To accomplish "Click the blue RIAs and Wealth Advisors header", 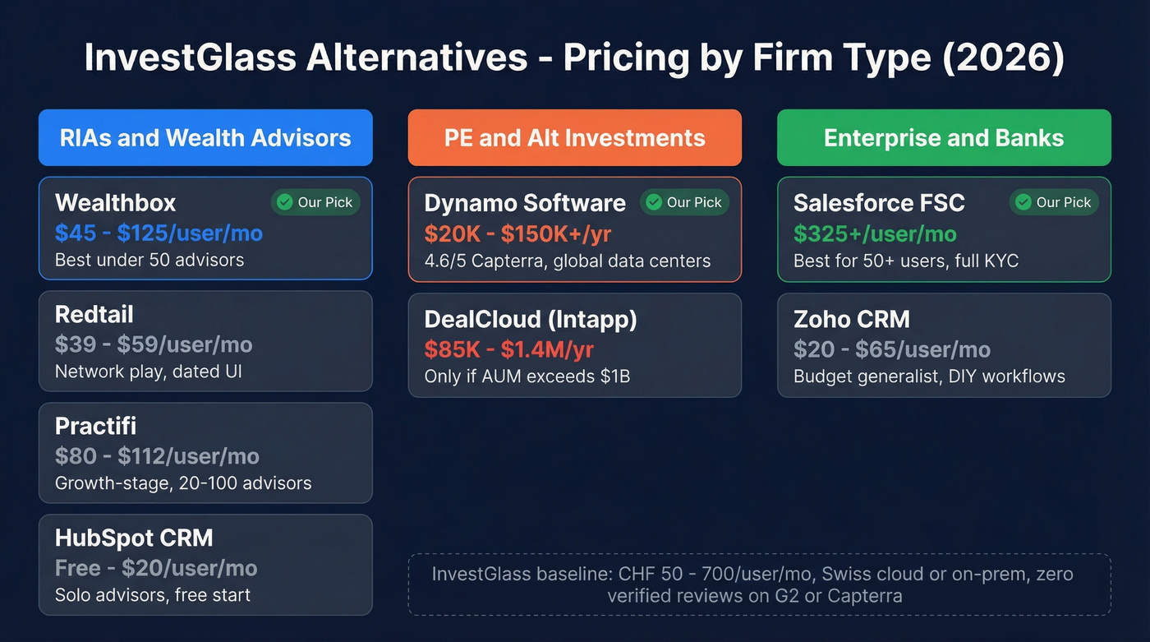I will [x=205, y=138].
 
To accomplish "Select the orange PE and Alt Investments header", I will [x=574, y=138].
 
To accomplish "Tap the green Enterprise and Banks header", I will [x=944, y=138].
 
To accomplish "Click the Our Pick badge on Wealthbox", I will [x=315, y=202].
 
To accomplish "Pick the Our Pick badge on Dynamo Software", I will [x=684, y=202].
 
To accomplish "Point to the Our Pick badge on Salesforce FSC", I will [x=1054, y=202].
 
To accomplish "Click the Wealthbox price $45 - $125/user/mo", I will [x=159, y=233].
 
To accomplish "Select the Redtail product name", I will [x=94, y=314].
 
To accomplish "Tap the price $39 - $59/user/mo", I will [x=154, y=344].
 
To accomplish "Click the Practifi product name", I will [x=95, y=426].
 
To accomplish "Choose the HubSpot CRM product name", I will [x=134, y=538].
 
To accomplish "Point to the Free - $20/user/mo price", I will [x=156, y=568].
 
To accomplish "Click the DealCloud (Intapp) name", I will [x=531, y=319].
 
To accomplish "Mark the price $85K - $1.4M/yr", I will [x=508, y=349].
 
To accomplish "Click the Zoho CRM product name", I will [x=852, y=319].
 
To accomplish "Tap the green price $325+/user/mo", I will [x=875, y=233].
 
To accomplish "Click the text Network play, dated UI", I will [x=149, y=372].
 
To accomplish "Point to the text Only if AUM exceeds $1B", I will [x=527, y=376].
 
